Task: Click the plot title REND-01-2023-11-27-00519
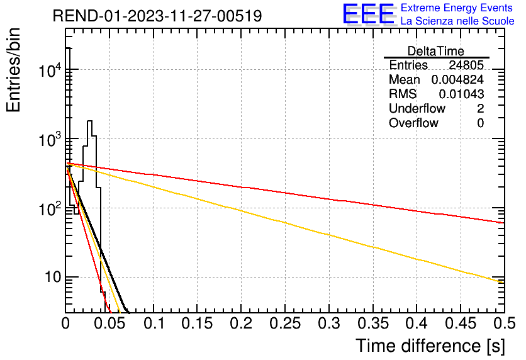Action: [x=157, y=16]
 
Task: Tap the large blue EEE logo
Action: [x=369, y=14]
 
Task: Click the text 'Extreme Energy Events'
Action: [x=457, y=8]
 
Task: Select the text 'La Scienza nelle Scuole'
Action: [x=457, y=21]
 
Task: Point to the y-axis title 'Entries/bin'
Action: [x=13, y=70]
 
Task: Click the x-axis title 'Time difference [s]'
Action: [x=430, y=346]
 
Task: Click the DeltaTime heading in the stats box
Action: [x=436, y=51]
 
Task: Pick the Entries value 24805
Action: [x=466, y=65]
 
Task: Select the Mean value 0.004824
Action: [x=457, y=79]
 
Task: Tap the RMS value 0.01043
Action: [x=461, y=94]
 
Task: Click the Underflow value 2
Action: [x=480, y=108]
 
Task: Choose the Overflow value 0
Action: [x=480, y=123]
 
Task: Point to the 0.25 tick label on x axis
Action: [x=285, y=323]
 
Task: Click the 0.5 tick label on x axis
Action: [x=505, y=323]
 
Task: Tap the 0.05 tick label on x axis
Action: [x=109, y=323]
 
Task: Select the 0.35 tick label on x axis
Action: [x=373, y=323]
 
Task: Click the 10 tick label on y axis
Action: [x=52, y=277]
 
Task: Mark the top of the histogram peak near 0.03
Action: [x=89, y=121]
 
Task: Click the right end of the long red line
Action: [x=504, y=223]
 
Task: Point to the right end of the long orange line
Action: [x=504, y=283]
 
